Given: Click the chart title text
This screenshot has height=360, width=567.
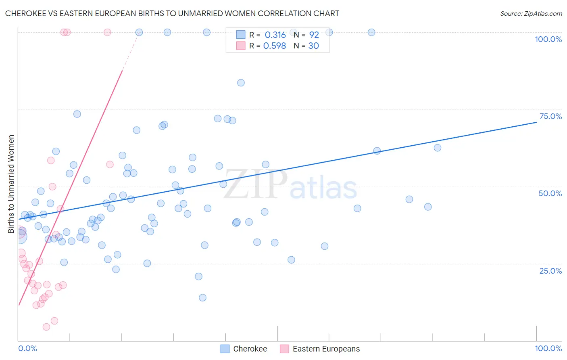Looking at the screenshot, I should [x=172, y=13].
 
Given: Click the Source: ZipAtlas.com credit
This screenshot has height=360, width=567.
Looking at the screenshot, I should [x=531, y=13].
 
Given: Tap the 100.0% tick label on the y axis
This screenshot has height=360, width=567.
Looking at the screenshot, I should [x=548, y=39].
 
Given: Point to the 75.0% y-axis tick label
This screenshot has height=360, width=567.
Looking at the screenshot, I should [x=550, y=116].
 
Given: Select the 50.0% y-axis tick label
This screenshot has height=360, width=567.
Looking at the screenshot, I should [x=550, y=193].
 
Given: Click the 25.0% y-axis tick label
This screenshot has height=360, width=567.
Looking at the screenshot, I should [x=550, y=270].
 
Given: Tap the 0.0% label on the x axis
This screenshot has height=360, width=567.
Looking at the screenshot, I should [x=27, y=348].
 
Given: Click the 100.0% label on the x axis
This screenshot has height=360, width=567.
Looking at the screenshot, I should [x=548, y=348].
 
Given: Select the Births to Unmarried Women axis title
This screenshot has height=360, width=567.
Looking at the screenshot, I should [x=11, y=184].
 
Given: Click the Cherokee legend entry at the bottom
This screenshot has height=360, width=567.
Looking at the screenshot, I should [x=250, y=349].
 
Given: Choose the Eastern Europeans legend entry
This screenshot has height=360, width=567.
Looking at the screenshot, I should [x=326, y=349].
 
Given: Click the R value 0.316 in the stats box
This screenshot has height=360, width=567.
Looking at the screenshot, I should [x=275, y=35].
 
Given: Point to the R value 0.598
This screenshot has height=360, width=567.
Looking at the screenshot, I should [x=274, y=46].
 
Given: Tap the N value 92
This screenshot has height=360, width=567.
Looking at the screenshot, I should [x=314, y=35].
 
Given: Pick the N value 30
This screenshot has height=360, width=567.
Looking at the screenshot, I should [x=313, y=46].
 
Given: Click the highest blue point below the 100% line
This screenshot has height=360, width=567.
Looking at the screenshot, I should [x=241, y=83].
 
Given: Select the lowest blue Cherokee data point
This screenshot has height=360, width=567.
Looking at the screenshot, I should [x=202, y=297].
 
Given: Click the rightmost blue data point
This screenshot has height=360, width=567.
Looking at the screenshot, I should [x=438, y=148].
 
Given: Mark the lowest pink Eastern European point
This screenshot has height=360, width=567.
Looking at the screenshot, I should [x=46, y=327].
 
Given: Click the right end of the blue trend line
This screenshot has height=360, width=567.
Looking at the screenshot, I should [x=536, y=122].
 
